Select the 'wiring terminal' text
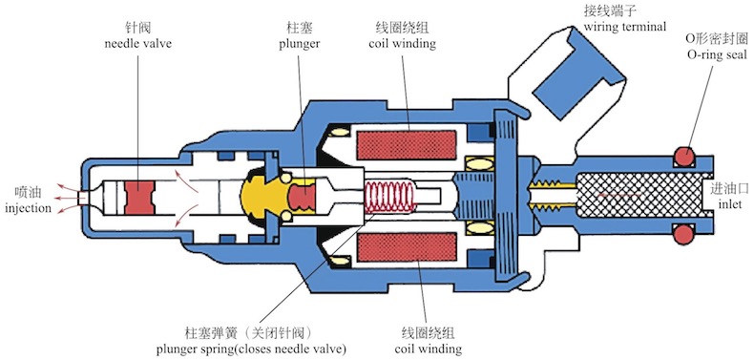[x=625, y=27]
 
